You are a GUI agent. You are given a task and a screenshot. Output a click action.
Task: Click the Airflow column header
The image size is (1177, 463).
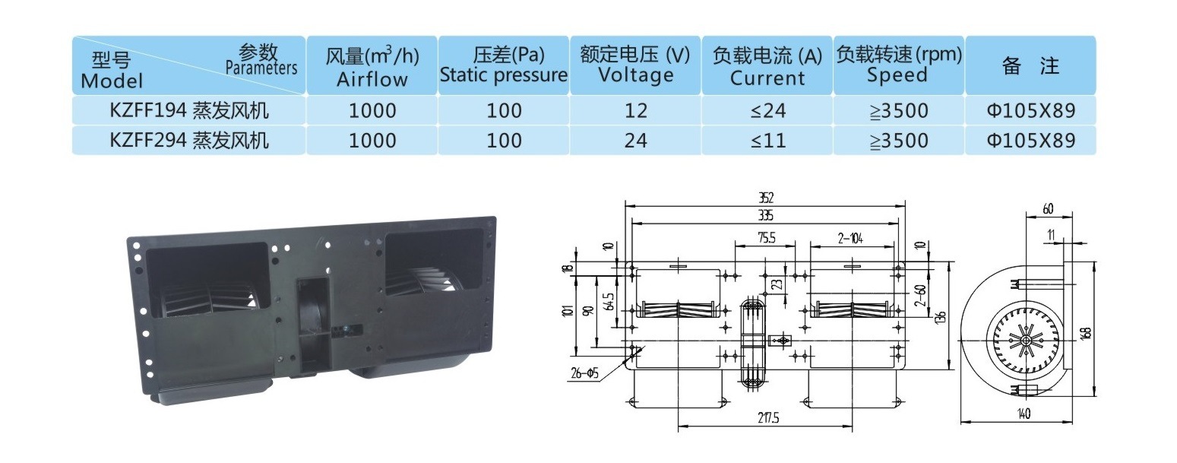pos(372,65)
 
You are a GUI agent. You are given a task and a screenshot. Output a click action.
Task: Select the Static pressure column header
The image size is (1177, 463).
pos(503,65)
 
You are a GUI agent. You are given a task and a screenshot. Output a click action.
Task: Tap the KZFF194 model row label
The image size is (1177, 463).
pos(188,110)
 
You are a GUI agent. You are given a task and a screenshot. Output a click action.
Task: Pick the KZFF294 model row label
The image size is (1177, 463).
pos(188,141)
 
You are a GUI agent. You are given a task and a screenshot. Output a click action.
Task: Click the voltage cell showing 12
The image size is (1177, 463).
pos(635,110)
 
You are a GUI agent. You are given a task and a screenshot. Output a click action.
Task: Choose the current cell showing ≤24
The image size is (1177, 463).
pos(767,110)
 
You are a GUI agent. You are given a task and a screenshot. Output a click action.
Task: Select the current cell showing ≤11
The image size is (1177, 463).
pos(767,141)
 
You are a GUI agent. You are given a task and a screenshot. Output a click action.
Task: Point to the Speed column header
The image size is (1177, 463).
pos(898,65)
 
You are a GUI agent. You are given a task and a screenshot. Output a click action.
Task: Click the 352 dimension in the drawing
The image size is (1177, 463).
pos(766,198)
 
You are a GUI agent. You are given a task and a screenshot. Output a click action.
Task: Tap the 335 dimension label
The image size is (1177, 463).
pos(766,215)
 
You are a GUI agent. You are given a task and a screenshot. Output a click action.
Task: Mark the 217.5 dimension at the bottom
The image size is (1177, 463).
pos(768,418)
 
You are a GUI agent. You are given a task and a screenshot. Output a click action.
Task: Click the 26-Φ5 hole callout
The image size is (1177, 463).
pos(585,373)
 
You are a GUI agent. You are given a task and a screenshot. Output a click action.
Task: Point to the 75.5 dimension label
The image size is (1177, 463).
pos(767,238)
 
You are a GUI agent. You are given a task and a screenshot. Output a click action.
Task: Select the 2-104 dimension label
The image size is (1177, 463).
pos(851,239)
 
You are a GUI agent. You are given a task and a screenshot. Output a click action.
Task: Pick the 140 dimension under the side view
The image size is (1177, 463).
pos(1024,414)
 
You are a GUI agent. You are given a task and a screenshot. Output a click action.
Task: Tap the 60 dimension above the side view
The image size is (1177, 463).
pos(1048,209)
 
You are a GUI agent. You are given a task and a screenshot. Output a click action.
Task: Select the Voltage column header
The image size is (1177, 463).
pos(635,65)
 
